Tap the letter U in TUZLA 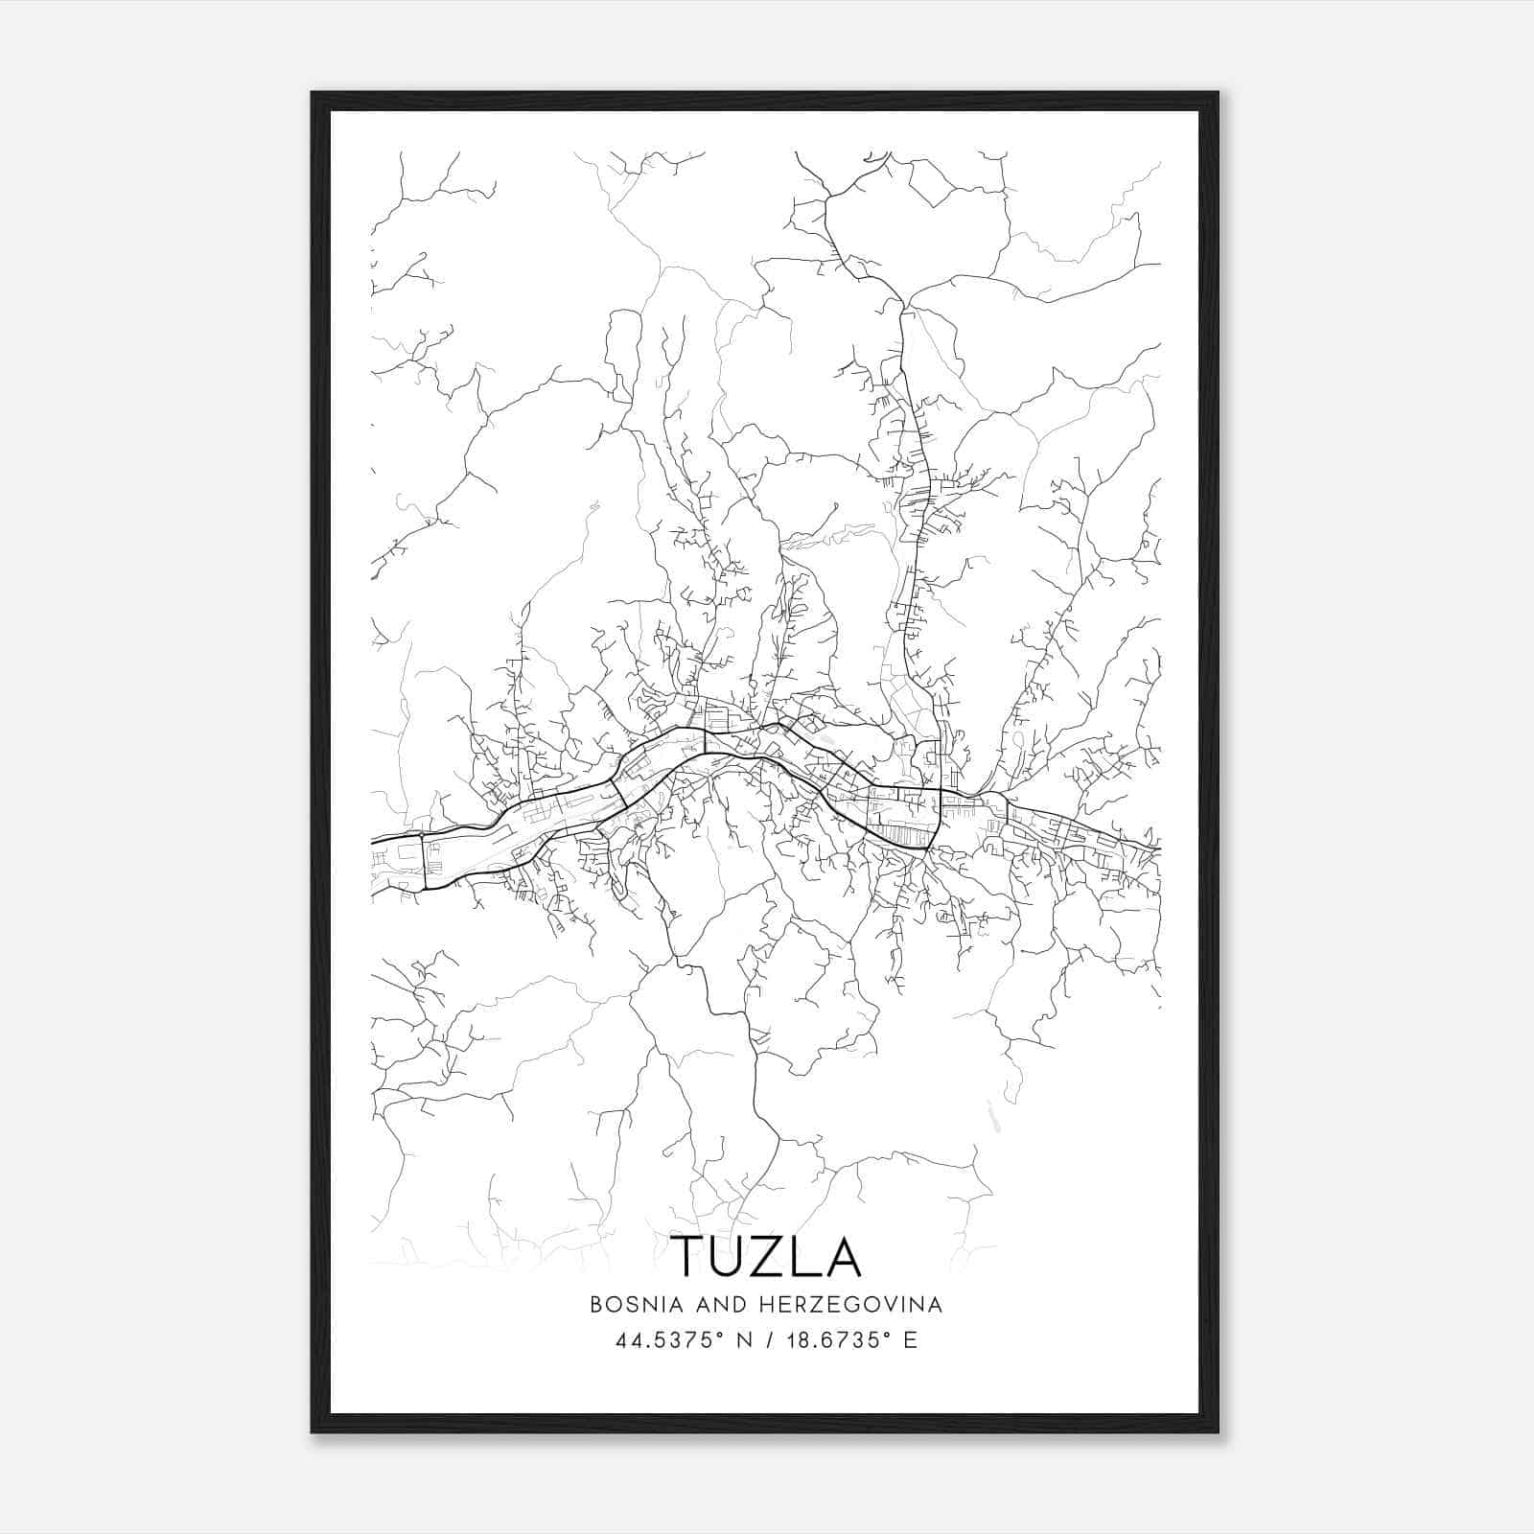click(x=729, y=1257)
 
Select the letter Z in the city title click(x=770, y=1257)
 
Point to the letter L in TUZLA click(x=807, y=1257)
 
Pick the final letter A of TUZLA click(x=844, y=1257)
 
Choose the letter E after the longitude click(x=910, y=1339)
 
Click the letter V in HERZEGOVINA click(x=878, y=1305)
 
